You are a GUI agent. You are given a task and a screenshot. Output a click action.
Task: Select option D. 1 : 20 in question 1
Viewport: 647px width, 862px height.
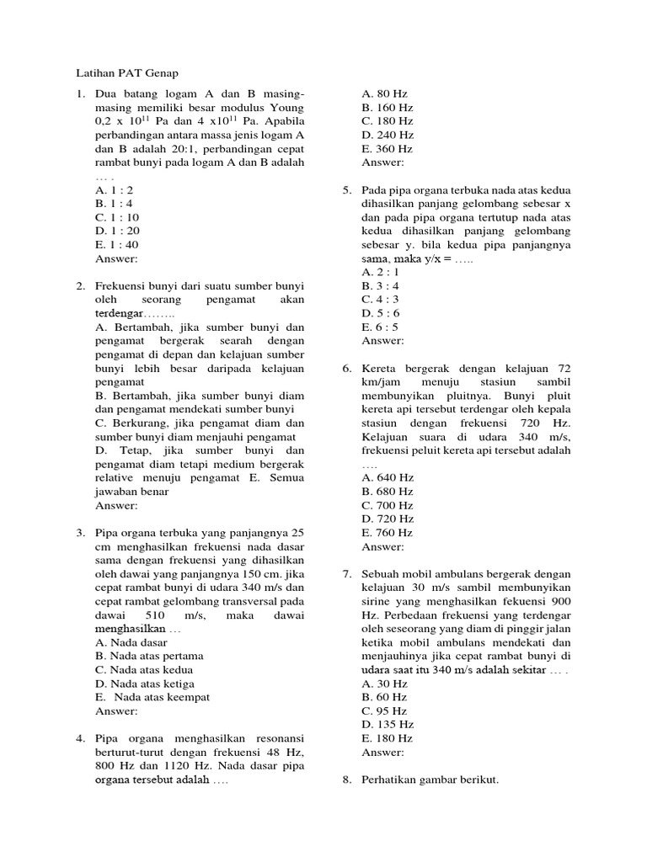coord(118,231)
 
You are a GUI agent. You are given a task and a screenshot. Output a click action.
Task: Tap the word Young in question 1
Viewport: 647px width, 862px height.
coord(286,108)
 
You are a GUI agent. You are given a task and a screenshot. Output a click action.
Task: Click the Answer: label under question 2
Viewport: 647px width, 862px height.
coord(116,506)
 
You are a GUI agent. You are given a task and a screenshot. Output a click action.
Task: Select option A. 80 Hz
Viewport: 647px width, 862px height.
coord(385,94)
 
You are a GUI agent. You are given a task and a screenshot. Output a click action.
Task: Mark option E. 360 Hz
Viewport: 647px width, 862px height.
coord(388,148)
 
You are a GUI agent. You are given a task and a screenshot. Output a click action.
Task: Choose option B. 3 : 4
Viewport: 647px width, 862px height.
coord(380,286)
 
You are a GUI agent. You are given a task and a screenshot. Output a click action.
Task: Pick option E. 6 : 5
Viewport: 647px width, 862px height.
coord(380,327)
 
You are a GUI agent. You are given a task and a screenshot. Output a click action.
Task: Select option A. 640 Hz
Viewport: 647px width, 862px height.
coord(388,477)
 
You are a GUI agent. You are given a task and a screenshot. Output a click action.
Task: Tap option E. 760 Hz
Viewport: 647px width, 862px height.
coord(388,532)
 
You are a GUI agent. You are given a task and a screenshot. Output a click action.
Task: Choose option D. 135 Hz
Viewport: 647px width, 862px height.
coord(388,724)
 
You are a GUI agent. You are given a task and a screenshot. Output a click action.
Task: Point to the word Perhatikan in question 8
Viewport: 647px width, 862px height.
coord(393,780)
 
